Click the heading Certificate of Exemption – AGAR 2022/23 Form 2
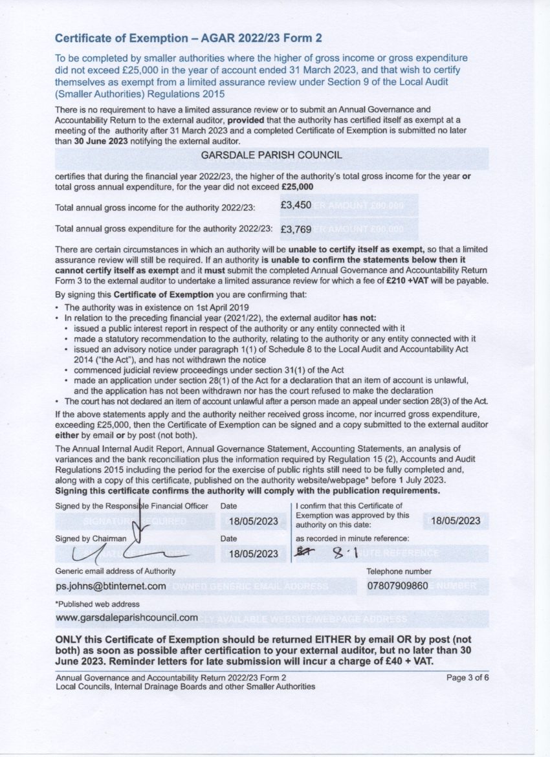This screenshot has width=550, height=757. [x=188, y=38]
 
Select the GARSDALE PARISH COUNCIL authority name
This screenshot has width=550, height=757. [x=271, y=155]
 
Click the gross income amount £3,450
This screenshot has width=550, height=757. [x=296, y=205]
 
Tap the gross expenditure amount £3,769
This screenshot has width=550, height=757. [x=296, y=229]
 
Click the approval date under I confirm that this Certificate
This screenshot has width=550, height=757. [x=456, y=521]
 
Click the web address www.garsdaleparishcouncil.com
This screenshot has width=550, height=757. [x=126, y=618]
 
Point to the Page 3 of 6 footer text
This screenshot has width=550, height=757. [x=468, y=677]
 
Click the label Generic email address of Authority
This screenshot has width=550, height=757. [x=115, y=571]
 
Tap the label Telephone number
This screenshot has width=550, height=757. [x=399, y=571]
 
